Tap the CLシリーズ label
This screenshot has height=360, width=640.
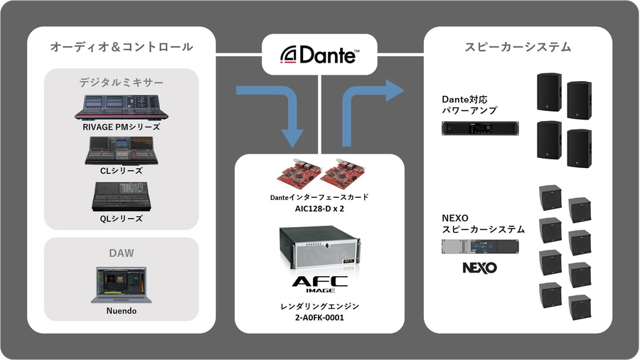click(121, 171)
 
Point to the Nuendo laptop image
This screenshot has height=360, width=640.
click(121, 284)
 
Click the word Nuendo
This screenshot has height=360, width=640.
click(121, 311)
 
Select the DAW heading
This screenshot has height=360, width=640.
click(121, 253)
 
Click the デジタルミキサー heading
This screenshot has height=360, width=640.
click(121, 83)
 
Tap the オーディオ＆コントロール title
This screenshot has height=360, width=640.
click(121, 47)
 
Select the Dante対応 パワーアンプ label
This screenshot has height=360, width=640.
click(470, 105)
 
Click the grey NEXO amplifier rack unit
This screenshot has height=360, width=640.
click(480, 246)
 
